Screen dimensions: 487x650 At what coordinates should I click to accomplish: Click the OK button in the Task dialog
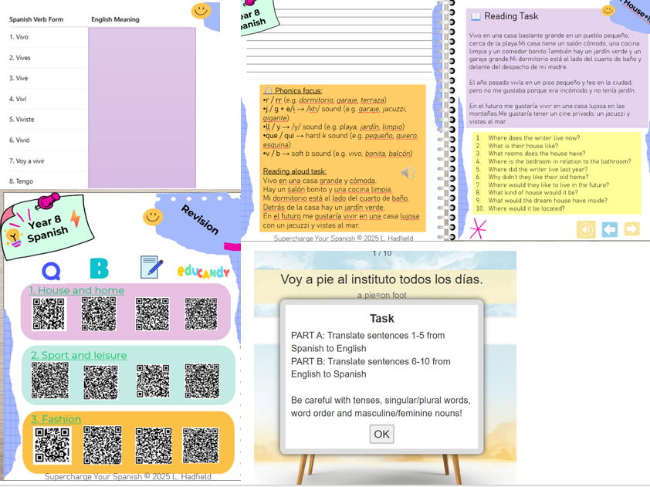(x=381, y=434)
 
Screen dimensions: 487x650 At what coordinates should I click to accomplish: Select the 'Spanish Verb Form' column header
(x=36, y=19)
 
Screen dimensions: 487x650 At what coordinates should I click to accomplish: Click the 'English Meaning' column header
(x=115, y=19)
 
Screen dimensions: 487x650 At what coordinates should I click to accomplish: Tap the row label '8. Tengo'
(x=21, y=181)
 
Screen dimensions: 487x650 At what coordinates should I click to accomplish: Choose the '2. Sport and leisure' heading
(x=79, y=355)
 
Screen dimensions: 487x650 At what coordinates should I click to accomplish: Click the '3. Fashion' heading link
(x=56, y=419)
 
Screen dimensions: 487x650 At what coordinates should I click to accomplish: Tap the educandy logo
(x=203, y=270)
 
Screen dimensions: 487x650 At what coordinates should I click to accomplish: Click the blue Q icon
(x=51, y=269)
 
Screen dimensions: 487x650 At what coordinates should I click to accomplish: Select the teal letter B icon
(x=99, y=269)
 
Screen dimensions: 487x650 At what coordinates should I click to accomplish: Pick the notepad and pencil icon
(x=151, y=268)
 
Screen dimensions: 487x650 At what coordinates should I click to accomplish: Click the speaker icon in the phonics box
(x=408, y=173)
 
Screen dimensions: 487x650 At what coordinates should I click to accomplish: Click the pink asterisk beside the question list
(x=479, y=228)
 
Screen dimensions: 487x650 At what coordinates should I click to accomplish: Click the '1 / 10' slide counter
(x=382, y=253)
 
